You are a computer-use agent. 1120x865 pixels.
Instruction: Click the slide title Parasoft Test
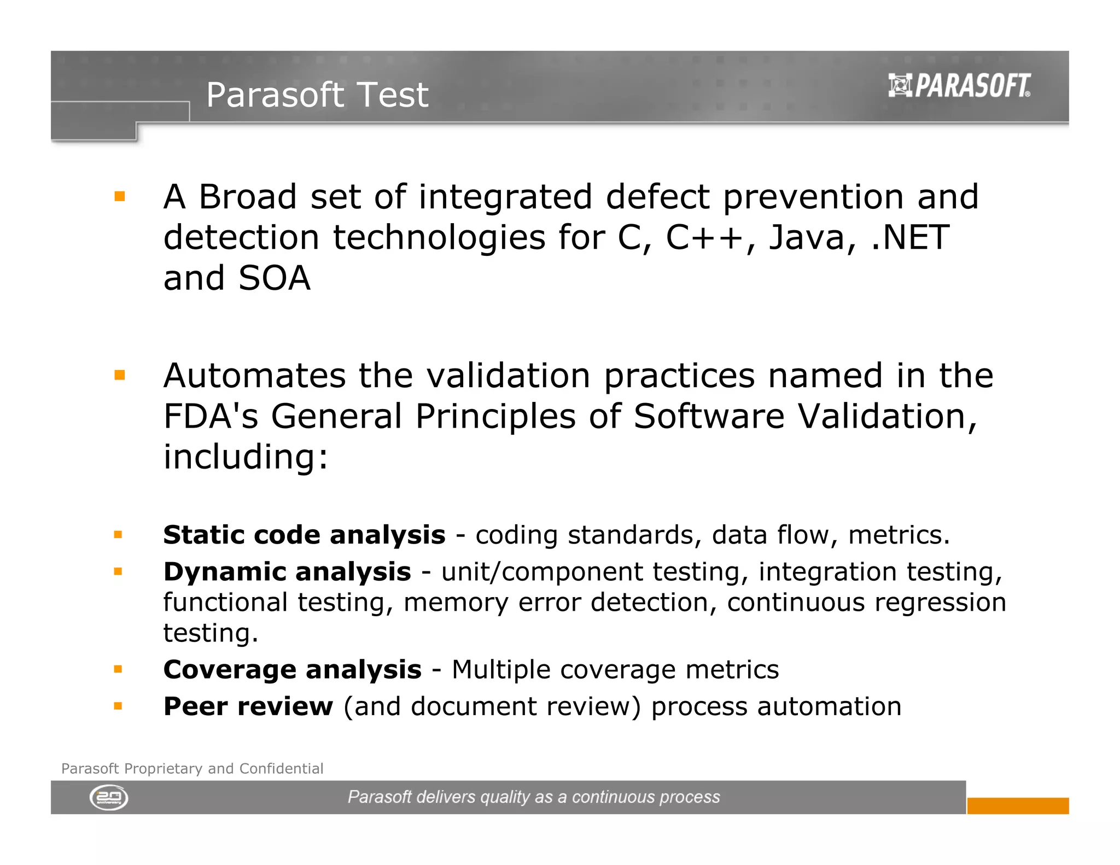[317, 95]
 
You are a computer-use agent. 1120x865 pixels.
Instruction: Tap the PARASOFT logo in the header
[959, 86]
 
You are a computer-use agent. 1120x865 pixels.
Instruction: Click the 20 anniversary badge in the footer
[109, 798]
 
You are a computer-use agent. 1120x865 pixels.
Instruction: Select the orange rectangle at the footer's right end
[1017, 805]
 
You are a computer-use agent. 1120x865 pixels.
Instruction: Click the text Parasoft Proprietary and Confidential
[192, 769]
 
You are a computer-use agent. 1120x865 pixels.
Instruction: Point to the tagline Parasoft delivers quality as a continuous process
[534, 797]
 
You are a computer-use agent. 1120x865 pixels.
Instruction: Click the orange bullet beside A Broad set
[120, 196]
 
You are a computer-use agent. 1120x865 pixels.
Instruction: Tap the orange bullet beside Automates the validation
[120, 375]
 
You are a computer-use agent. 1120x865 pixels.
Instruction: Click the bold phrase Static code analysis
[304, 535]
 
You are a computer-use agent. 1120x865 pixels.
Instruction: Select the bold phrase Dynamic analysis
[287, 572]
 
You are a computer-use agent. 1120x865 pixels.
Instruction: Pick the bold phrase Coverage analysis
[293, 670]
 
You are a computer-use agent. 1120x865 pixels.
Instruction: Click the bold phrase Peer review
[248, 706]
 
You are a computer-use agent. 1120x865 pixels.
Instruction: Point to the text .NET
[909, 238]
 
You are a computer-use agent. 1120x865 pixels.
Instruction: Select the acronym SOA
[274, 278]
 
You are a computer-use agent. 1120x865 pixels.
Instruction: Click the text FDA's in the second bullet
[211, 417]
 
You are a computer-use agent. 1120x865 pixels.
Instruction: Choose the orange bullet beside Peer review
[118, 706]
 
